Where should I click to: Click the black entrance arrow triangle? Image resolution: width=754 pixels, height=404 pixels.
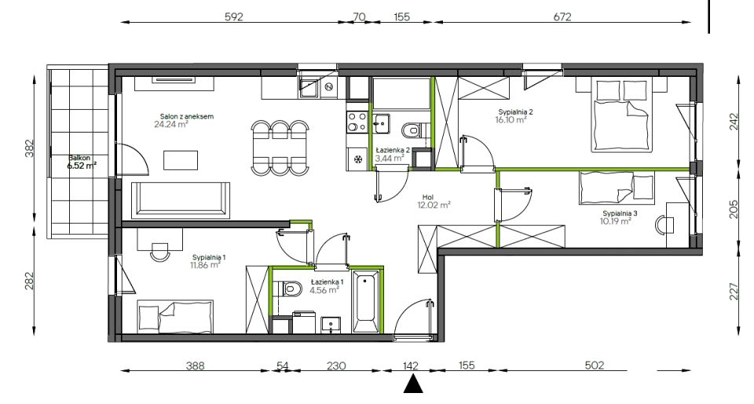click(x=412, y=384)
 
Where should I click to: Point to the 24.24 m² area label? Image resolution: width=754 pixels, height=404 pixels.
click(x=170, y=125)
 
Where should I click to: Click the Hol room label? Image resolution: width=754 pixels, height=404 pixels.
click(x=428, y=197)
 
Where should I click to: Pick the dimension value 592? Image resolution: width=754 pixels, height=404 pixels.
click(x=234, y=16)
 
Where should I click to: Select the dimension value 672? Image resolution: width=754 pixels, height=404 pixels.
click(x=562, y=16)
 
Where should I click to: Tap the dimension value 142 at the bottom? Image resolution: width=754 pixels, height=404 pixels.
click(x=411, y=366)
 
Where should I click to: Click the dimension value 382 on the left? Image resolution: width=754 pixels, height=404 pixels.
click(x=30, y=148)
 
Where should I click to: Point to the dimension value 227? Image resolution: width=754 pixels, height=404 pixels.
click(x=734, y=292)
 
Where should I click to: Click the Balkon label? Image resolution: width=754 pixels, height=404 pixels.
click(x=79, y=158)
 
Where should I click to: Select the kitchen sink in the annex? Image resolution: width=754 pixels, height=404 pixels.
click(x=309, y=87)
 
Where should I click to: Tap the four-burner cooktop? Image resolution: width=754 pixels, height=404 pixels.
click(x=357, y=122)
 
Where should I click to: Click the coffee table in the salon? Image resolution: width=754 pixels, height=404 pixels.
click(x=181, y=160)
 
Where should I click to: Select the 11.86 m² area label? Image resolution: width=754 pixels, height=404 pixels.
click(x=205, y=264)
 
